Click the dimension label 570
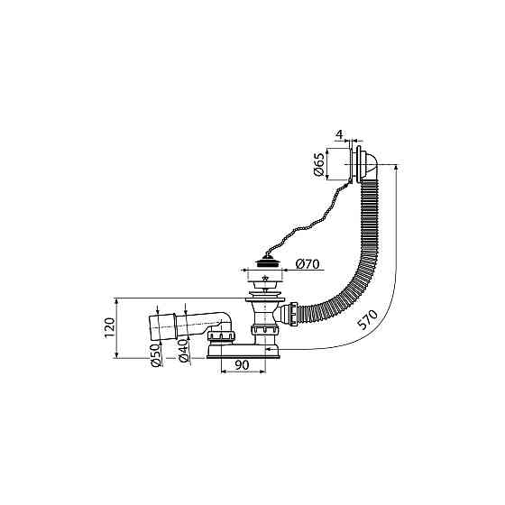pyautogui.click(x=368, y=319)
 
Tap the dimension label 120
pyautogui.click(x=110, y=326)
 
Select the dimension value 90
pyautogui.click(x=242, y=365)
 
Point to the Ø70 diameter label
pyautogui.click(x=308, y=264)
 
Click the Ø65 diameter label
pyautogui.click(x=319, y=163)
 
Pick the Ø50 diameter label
pyautogui.click(x=155, y=355)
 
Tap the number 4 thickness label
pyautogui.click(x=340, y=134)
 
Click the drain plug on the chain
pyautogui.click(x=265, y=259)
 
